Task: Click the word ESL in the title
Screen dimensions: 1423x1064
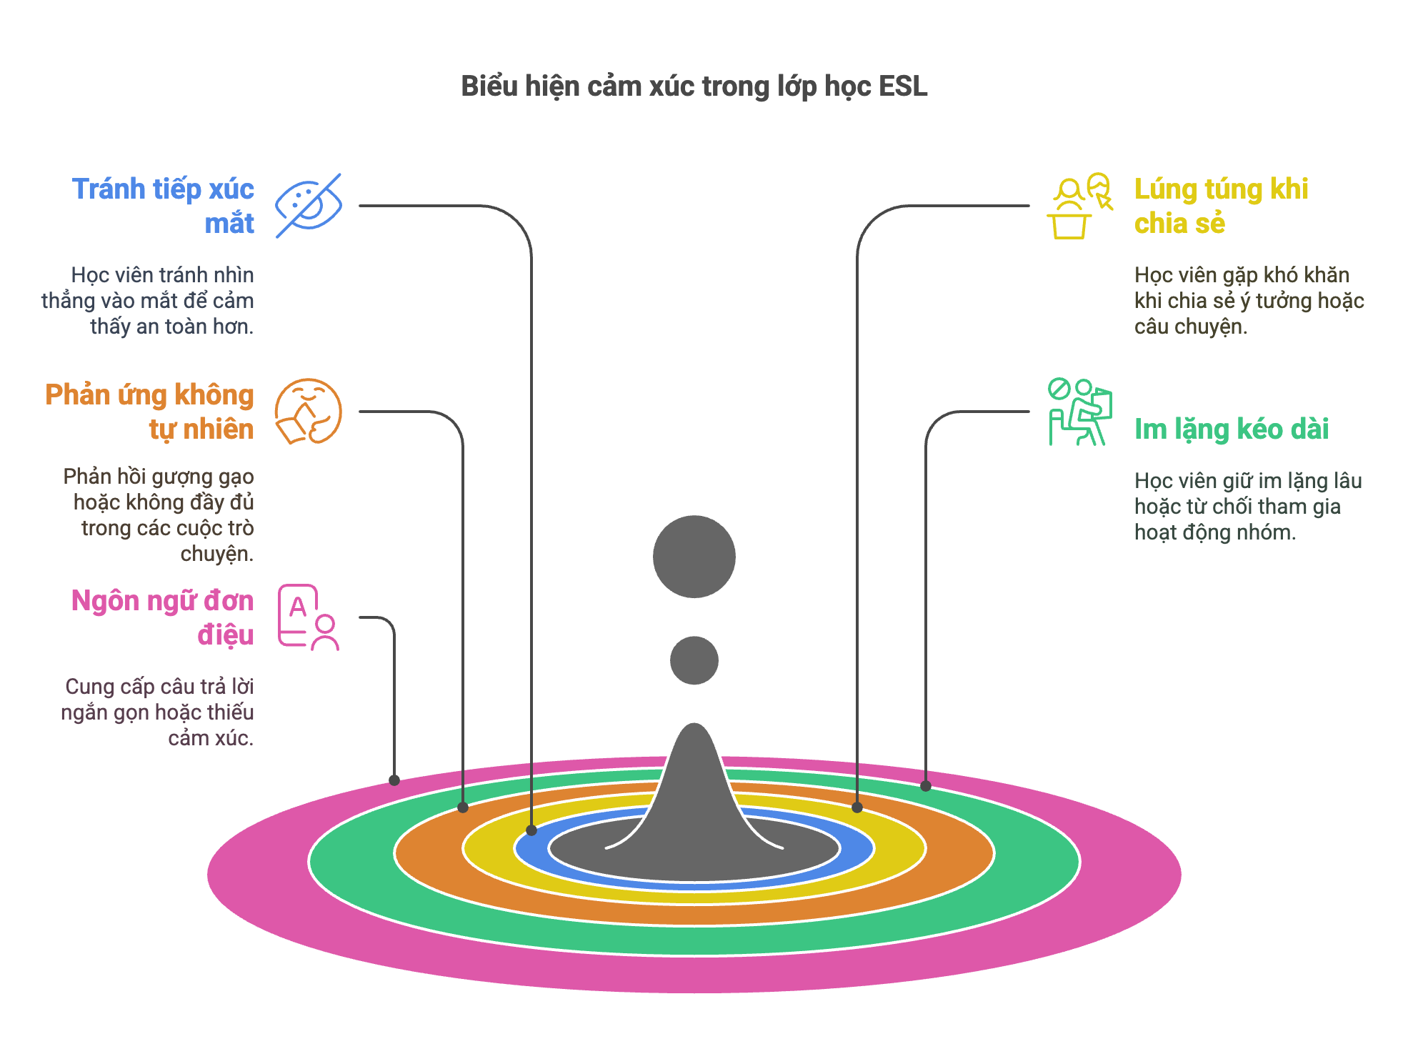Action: click(903, 86)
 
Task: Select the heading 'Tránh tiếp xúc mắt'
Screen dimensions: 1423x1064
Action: click(163, 206)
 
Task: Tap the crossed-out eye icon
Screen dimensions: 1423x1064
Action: click(309, 205)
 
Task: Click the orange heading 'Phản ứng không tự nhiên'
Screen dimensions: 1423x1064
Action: click(149, 412)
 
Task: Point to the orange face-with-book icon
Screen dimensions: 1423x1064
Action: click(309, 412)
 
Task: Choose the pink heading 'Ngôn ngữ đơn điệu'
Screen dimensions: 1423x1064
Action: click(163, 617)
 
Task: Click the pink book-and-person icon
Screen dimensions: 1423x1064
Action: click(309, 617)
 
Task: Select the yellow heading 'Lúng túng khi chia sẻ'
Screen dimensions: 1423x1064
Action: click(1221, 206)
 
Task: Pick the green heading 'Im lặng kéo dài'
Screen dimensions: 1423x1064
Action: click(1232, 429)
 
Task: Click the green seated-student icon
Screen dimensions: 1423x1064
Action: click(1080, 412)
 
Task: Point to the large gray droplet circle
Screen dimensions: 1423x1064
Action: click(694, 557)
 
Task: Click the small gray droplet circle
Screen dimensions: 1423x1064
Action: click(694, 660)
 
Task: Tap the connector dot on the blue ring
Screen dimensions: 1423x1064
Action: click(531, 830)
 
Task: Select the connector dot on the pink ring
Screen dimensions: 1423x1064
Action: click(394, 780)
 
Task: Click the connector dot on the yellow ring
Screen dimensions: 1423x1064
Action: click(857, 807)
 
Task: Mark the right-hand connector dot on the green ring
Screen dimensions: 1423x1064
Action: click(926, 786)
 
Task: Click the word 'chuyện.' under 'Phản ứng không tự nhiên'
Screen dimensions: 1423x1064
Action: click(216, 554)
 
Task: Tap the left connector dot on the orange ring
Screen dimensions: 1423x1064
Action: click(463, 807)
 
